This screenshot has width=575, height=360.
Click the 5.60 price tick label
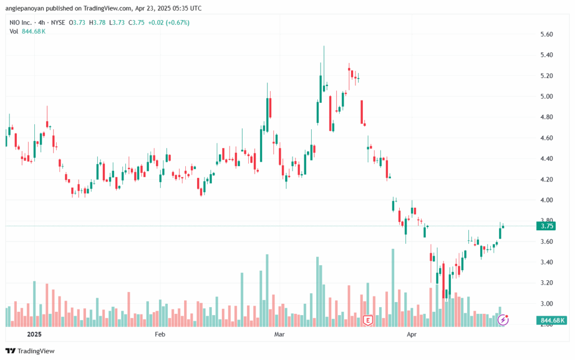click(546, 34)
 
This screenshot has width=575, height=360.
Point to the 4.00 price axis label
click(546, 200)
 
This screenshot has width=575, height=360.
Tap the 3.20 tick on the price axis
click(546, 283)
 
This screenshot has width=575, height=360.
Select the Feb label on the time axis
click(160, 334)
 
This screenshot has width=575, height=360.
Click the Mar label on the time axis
click(280, 334)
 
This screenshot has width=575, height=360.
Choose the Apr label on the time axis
click(412, 334)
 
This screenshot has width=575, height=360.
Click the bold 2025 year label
click(34, 334)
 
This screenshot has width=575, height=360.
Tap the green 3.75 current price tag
click(546, 226)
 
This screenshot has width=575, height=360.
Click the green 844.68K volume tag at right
click(551, 321)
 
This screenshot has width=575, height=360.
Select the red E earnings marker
click(368, 321)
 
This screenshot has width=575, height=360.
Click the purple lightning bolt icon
click(503, 320)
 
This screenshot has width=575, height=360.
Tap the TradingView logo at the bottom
click(30, 351)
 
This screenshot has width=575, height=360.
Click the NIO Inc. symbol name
click(21, 22)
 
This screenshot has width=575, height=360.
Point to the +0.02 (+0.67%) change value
click(168, 22)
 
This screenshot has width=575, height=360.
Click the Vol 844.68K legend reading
click(28, 31)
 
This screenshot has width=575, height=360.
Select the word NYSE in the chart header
click(58, 22)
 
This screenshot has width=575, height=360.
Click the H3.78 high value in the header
click(97, 22)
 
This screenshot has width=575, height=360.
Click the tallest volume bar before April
click(393, 288)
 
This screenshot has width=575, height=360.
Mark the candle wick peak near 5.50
click(324, 46)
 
